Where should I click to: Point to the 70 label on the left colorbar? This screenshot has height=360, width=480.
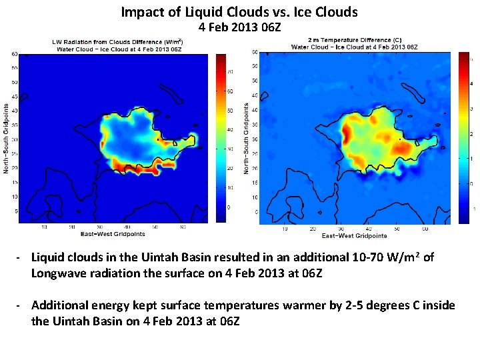[x=231, y=71]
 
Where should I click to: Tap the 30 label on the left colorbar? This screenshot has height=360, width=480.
[x=231, y=149]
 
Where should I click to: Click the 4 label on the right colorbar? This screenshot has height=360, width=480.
[x=473, y=84]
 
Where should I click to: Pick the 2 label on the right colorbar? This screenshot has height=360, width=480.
[x=473, y=134]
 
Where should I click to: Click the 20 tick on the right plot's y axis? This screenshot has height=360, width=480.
[x=255, y=168]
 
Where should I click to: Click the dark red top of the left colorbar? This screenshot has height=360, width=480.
[x=221, y=57]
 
